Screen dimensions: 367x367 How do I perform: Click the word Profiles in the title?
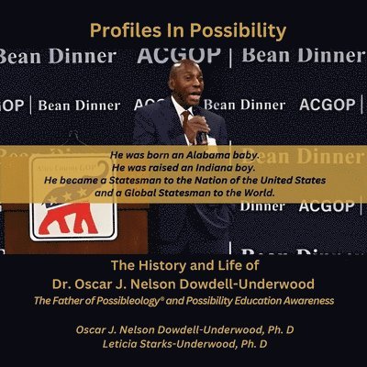point(121,29)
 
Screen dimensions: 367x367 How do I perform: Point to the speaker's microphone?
point(200,128)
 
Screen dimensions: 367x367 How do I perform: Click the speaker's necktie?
point(186,124)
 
